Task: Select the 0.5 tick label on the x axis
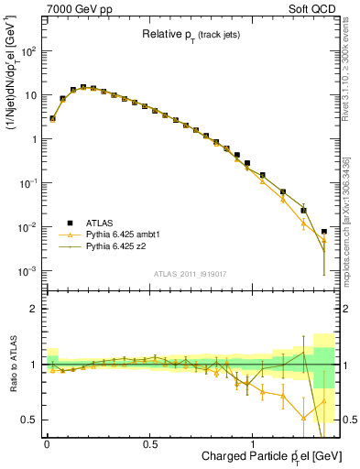coord(150,442)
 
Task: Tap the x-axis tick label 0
coord(47,442)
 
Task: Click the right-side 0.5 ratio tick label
coord(349,420)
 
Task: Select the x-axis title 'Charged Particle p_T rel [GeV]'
coord(259,455)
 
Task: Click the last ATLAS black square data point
coord(324,232)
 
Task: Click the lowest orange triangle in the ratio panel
coord(303,419)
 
